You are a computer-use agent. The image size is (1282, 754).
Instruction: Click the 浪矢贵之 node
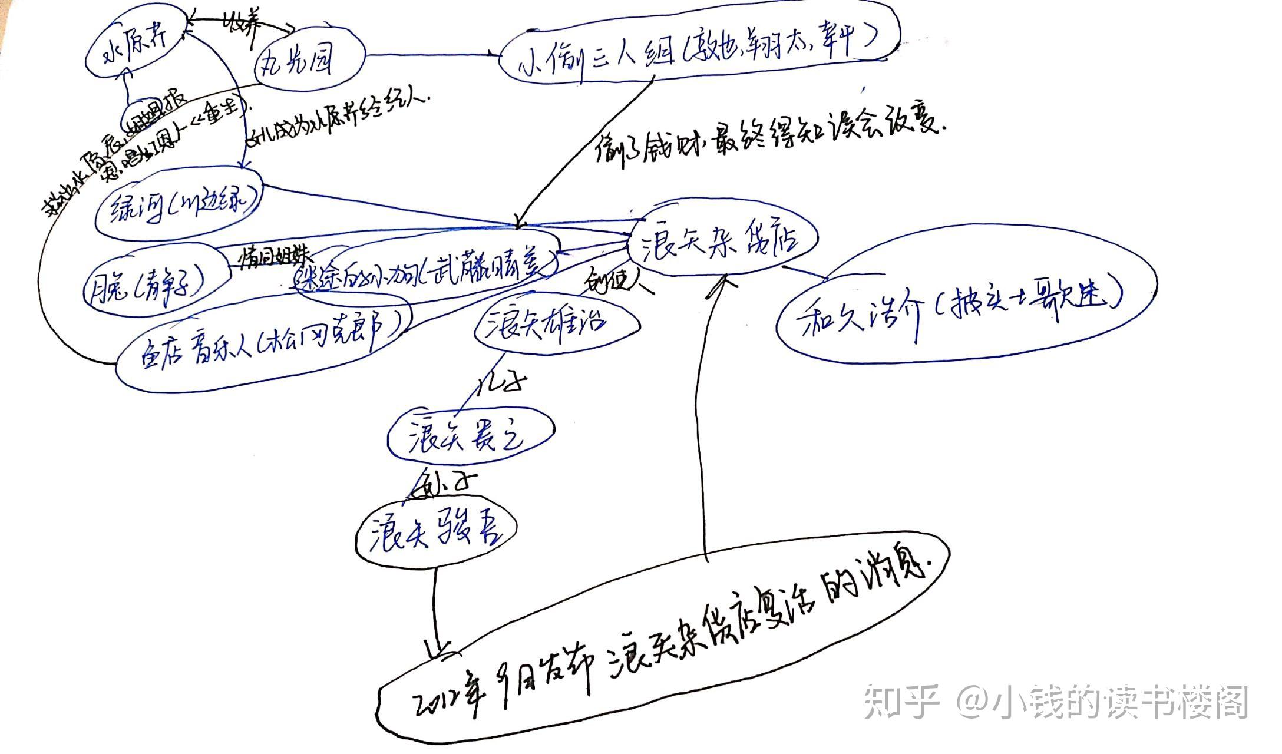[469, 436]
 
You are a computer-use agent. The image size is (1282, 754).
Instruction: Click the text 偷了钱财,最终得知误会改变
[766, 135]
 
